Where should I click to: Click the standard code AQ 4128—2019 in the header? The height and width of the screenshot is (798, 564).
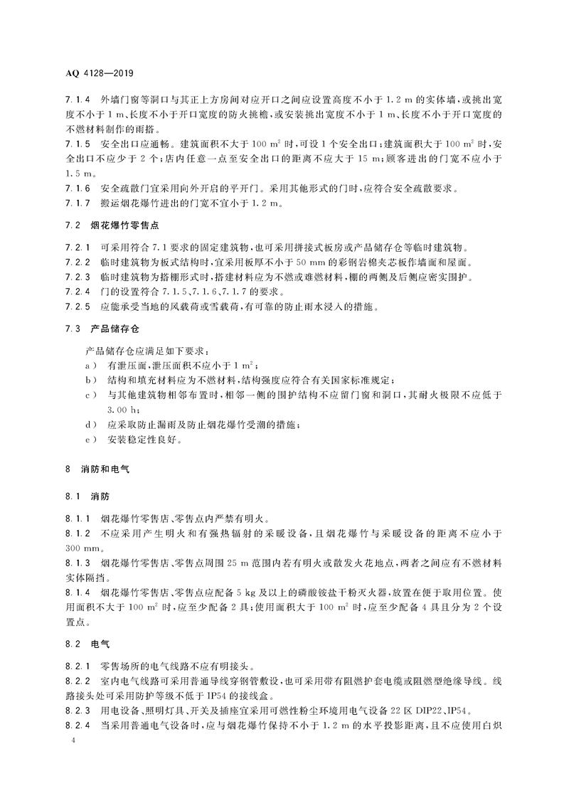(x=100, y=73)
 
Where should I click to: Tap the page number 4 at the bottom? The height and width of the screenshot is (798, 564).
(x=66, y=740)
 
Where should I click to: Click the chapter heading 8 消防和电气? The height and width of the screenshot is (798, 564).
(x=97, y=469)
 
